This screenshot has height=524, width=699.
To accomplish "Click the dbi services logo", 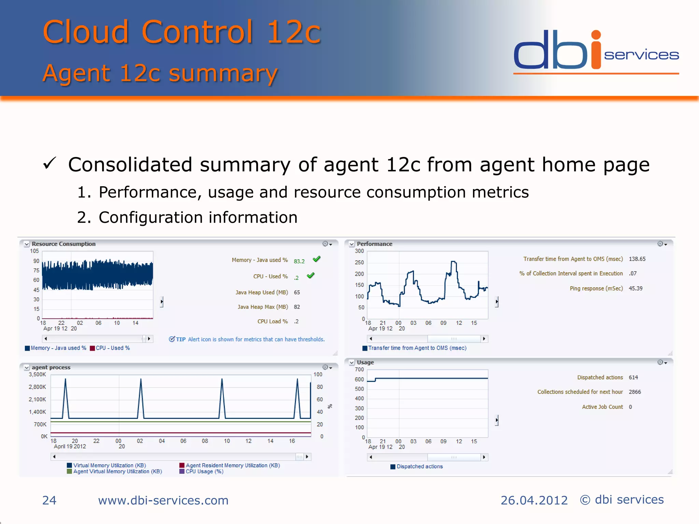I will (x=596, y=51).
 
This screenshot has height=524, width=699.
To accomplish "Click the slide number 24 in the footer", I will (x=49, y=500).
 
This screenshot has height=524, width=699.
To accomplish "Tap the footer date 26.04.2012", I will (x=534, y=500).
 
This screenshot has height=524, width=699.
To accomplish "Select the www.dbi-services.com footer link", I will (x=163, y=500).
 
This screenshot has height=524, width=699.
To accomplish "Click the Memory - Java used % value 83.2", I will (x=299, y=261).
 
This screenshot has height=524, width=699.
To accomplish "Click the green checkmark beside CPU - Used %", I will (x=311, y=276).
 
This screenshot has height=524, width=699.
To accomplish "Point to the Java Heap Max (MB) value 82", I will (x=297, y=307).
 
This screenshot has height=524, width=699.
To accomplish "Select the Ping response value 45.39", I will (x=635, y=289).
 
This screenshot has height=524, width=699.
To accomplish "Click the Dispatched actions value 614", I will (x=633, y=377).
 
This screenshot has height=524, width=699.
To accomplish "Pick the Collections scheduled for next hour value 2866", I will (x=634, y=392).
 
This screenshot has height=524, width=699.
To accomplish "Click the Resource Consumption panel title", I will (x=63, y=244).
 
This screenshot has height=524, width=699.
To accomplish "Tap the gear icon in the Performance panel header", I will (x=660, y=244).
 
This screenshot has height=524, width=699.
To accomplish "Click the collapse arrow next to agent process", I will (x=27, y=368).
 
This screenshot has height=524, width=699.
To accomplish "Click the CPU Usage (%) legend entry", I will (x=204, y=471).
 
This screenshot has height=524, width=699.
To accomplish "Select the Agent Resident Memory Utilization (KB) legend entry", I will (x=232, y=465).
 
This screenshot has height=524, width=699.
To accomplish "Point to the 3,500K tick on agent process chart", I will (x=37, y=375).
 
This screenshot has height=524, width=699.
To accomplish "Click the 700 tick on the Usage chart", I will (x=359, y=369).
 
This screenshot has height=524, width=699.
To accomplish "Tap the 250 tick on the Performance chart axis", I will (x=359, y=262).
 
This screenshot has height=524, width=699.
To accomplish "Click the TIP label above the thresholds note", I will (x=181, y=339).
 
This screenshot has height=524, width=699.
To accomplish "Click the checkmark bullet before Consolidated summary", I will (x=49, y=164).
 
